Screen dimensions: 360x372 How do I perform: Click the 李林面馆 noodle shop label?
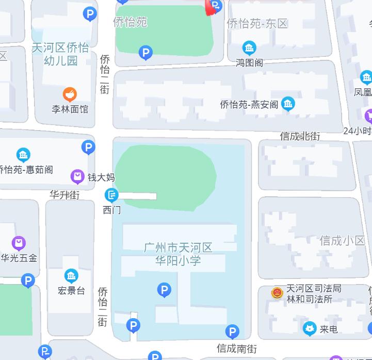point(70,109)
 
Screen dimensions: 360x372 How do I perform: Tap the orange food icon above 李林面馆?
point(70,94)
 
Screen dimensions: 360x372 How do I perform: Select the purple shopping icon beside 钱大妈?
point(77,177)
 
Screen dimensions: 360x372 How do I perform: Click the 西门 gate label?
point(111,209)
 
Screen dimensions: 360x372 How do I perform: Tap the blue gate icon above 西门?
point(111,195)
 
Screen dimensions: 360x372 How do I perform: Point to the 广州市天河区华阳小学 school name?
point(178,254)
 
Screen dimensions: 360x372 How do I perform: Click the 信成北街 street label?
point(300,136)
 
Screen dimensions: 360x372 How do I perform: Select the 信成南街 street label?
point(236,349)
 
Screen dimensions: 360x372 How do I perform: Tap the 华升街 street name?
point(64,195)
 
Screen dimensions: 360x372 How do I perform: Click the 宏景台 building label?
point(71,290)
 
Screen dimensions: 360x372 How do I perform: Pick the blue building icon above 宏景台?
point(71,276)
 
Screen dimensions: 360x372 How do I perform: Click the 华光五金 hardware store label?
point(19,258)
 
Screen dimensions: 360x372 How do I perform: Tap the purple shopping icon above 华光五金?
point(19,242)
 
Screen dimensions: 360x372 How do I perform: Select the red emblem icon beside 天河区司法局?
point(277,293)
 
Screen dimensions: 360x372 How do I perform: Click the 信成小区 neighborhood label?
point(342,240)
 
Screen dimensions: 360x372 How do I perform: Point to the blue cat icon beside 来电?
point(309,328)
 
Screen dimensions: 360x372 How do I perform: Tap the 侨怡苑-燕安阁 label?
point(249,104)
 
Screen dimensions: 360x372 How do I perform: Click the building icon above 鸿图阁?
point(249,49)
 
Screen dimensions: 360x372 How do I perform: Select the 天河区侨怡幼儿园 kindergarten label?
point(60,54)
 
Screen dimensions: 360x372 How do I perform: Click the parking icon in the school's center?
point(164,290)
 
